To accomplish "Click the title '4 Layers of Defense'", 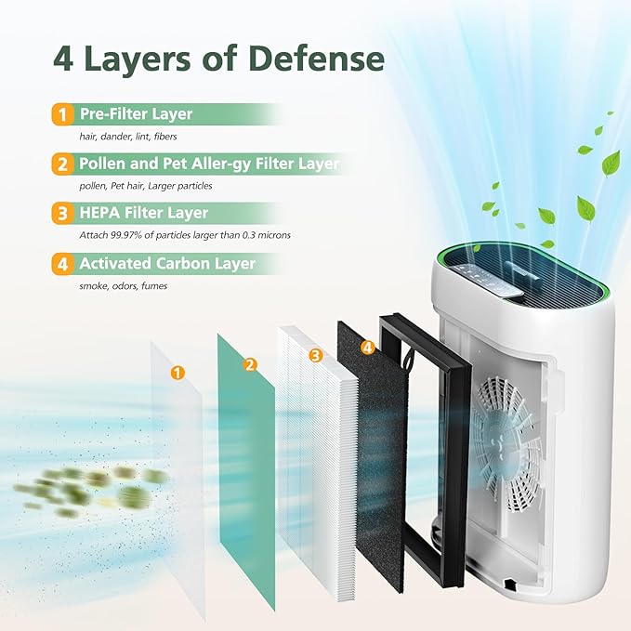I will [218, 59].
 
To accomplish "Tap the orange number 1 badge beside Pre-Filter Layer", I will [61, 115].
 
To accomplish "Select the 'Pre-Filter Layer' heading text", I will [136, 115].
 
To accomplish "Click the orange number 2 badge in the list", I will [61, 164].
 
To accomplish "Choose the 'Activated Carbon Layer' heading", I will [166, 264].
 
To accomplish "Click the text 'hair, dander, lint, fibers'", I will [127, 137].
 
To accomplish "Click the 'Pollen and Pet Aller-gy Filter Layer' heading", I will [209, 164].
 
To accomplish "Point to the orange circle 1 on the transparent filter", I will [177, 373].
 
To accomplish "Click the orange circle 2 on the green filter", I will [250, 364].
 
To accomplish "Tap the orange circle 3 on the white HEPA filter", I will [315, 355].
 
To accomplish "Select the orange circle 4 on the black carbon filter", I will [368, 347].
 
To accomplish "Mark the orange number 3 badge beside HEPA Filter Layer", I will [61, 214].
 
